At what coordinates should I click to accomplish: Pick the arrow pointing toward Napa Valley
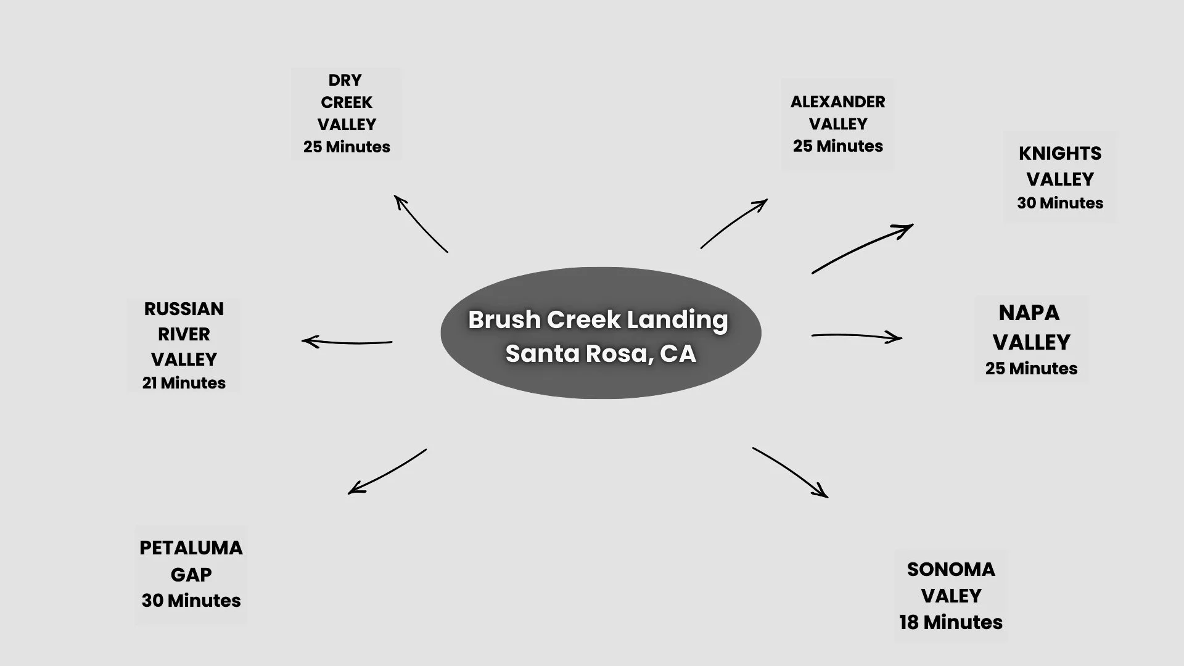tap(857, 336)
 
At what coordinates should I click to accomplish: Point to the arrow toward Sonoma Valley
tap(791, 471)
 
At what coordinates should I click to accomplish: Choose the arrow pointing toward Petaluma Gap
tap(387, 472)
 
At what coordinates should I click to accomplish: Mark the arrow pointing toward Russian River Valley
tap(347, 342)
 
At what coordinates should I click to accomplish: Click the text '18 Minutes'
tap(950, 622)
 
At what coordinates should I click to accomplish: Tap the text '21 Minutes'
tap(184, 383)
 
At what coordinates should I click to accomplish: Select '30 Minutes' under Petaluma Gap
tap(191, 601)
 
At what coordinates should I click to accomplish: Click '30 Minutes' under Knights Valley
tap(1059, 203)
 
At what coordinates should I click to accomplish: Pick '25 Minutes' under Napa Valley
tap(1031, 369)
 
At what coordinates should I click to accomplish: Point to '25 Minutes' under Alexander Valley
tap(837, 146)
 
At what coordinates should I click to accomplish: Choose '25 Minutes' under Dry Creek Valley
tap(347, 147)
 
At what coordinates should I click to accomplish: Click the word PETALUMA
tap(191, 548)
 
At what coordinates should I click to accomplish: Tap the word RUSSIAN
tap(184, 309)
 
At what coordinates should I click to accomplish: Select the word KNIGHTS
tap(1059, 154)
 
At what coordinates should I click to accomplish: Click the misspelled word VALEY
tap(950, 596)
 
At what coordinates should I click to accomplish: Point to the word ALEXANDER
tap(837, 102)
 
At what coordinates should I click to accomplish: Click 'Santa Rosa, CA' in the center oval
tap(601, 353)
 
